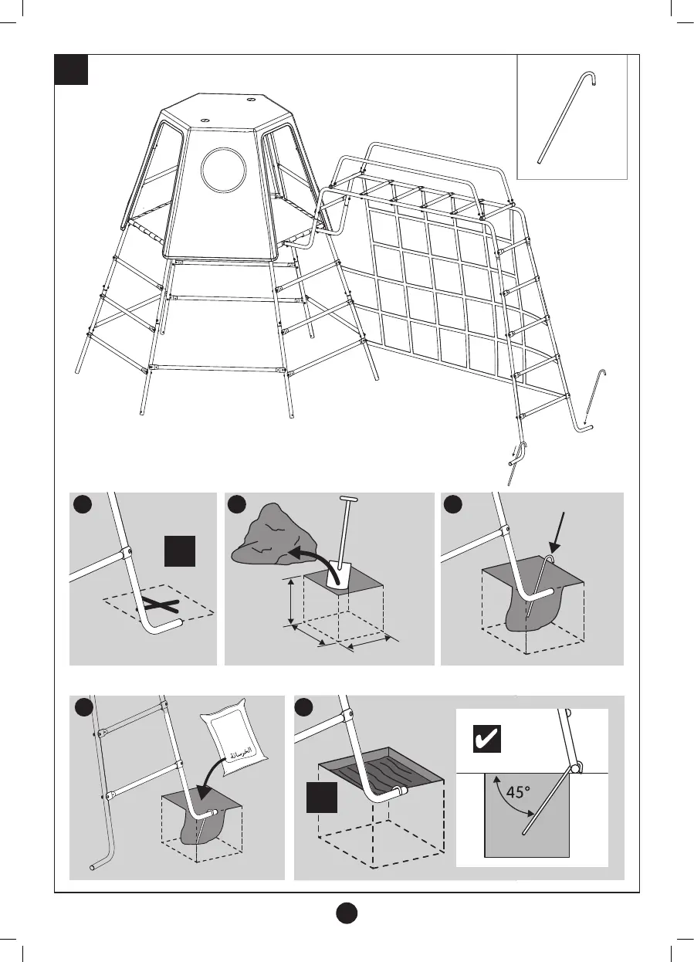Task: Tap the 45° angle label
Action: pos(514,791)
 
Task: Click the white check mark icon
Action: pos(486,739)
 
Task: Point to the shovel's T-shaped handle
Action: pos(349,500)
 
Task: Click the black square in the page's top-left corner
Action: pos(70,69)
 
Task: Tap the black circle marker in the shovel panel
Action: pos(237,504)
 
